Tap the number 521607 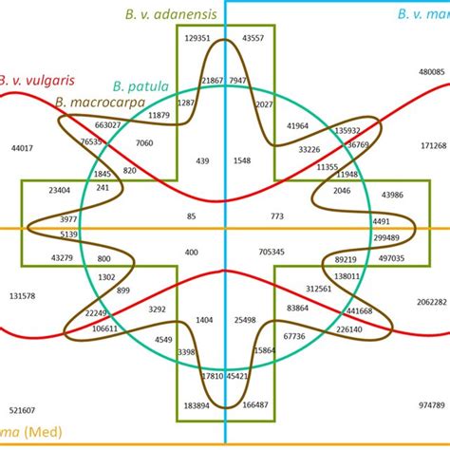(x=22, y=410)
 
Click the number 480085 (x=432, y=72)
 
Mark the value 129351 (x=197, y=38)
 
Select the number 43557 (x=253, y=38)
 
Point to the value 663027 (x=107, y=125)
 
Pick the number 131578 (x=22, y=296)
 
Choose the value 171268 (x=433, y=145)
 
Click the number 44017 (x=22, y=148)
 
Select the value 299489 (x=386, y=237)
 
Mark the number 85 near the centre (x=192, y=216)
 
